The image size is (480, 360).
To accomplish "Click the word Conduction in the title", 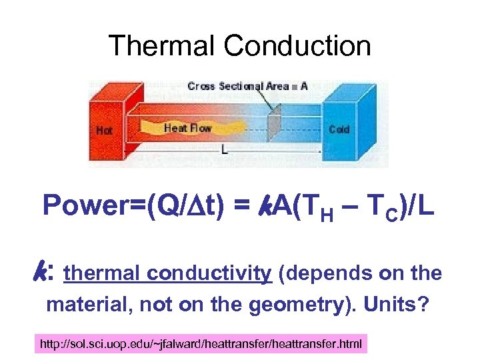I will coord(297,46).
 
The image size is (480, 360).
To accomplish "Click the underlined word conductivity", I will coord(209,273).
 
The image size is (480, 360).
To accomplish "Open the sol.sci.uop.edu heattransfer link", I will coord(201,345).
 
